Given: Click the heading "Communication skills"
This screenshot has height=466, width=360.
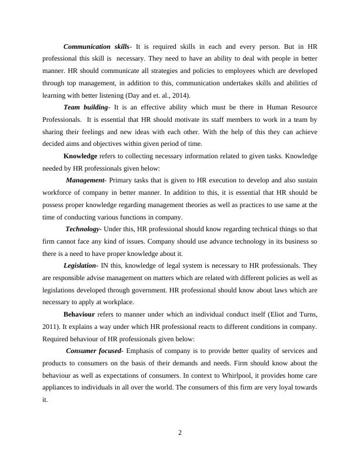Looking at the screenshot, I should coord(96,46).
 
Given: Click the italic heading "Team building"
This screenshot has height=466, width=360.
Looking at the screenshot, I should coord(86,107).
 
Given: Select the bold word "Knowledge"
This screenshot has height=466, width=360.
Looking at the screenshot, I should coord(80,156).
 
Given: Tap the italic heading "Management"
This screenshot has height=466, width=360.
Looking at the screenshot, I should coord(85,180).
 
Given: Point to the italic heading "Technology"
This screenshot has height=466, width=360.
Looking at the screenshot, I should coord(83,229).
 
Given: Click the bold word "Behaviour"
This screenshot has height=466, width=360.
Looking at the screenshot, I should coord(79,314).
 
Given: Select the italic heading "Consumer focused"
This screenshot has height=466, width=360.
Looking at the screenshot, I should coord(94,351).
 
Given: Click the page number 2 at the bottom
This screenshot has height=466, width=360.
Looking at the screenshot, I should coord(180,434).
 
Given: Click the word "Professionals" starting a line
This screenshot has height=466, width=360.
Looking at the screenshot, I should coord(62,119).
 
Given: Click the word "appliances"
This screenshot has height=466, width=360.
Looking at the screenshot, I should coord(59,388).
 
